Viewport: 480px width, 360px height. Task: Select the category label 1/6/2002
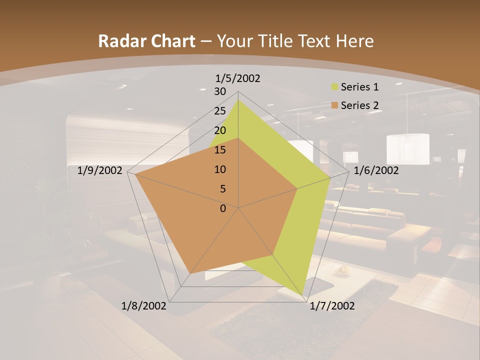(x=376, y=170)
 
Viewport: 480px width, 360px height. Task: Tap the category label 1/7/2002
(x=332, y=306)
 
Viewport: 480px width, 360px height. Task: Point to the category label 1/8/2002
(x=144, y=306)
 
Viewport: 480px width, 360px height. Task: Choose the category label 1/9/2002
(x=100, y=170)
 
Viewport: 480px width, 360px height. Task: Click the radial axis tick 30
(x=220, y=91)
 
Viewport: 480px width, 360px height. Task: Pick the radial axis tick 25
(x=220, y=111)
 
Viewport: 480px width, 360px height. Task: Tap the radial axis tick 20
(x=220, y=130)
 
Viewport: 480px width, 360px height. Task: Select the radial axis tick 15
(x=220, y=150)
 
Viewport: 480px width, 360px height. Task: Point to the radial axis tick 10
(x=220, y=169)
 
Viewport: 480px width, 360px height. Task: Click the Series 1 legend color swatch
(x=334, y=87)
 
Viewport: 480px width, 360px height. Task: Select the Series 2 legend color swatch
(x=334, y=105)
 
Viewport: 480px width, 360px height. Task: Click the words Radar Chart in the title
(x=146, y=41)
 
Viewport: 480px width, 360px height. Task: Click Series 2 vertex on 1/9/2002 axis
(x=135, y=174)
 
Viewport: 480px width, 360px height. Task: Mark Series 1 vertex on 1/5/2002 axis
(x=238, y=99)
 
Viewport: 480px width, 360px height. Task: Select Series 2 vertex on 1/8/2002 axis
(x=190, y=273)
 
